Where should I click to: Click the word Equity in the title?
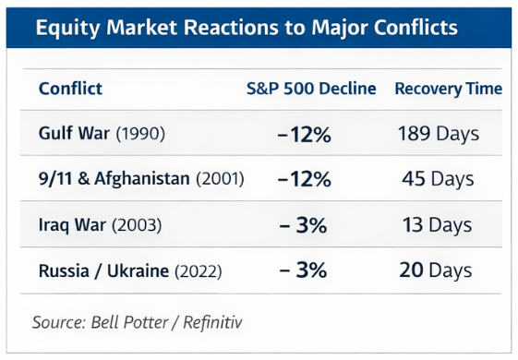click(x=67, y=28)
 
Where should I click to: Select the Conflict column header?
click(x=70, y=89)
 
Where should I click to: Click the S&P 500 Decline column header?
click(x=311, y=89)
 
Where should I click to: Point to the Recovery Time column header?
click(x=449, y=89)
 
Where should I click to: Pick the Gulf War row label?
click(x=74, y=133)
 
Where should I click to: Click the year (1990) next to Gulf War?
click(x=140, y=134)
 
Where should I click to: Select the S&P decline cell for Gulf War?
click(x=305, y=135)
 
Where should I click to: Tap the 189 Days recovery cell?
click(x=439, y=134)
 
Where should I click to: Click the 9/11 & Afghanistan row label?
click(x=114, y=178)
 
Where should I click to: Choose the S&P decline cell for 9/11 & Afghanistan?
click(x=305, y=180)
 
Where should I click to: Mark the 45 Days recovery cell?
click(x=438, y=179)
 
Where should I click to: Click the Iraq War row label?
click(x=72, y=224)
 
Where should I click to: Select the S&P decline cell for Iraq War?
click(x=303, y=225)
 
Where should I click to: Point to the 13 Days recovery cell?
click(x=437, y=225)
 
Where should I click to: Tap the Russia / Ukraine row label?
click(x=103, y=270)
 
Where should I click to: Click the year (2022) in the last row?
click(x=199, y=271)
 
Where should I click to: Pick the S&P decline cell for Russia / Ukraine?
click(x=303, y=270)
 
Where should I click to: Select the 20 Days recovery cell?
click(x=436, y=270)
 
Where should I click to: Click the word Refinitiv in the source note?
click(x=212, y=322)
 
